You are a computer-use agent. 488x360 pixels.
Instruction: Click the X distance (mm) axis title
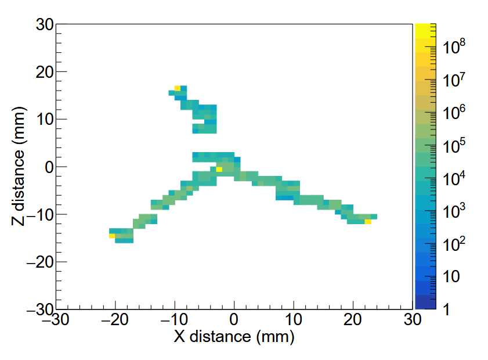233,336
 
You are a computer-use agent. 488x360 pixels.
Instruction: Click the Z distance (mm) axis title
19,167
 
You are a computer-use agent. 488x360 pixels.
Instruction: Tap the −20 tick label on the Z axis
39,262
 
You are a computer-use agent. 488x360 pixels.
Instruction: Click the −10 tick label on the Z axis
39,215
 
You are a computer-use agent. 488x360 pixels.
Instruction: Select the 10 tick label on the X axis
294,320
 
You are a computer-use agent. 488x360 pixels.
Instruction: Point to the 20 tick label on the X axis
353,320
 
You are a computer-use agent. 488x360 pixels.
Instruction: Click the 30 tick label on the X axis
412,320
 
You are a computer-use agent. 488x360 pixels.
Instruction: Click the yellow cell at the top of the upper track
178,88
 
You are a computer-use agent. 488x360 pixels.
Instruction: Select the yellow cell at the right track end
368,221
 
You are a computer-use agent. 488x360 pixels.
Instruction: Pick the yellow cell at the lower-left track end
112,236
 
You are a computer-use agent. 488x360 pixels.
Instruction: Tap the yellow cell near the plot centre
219,169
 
